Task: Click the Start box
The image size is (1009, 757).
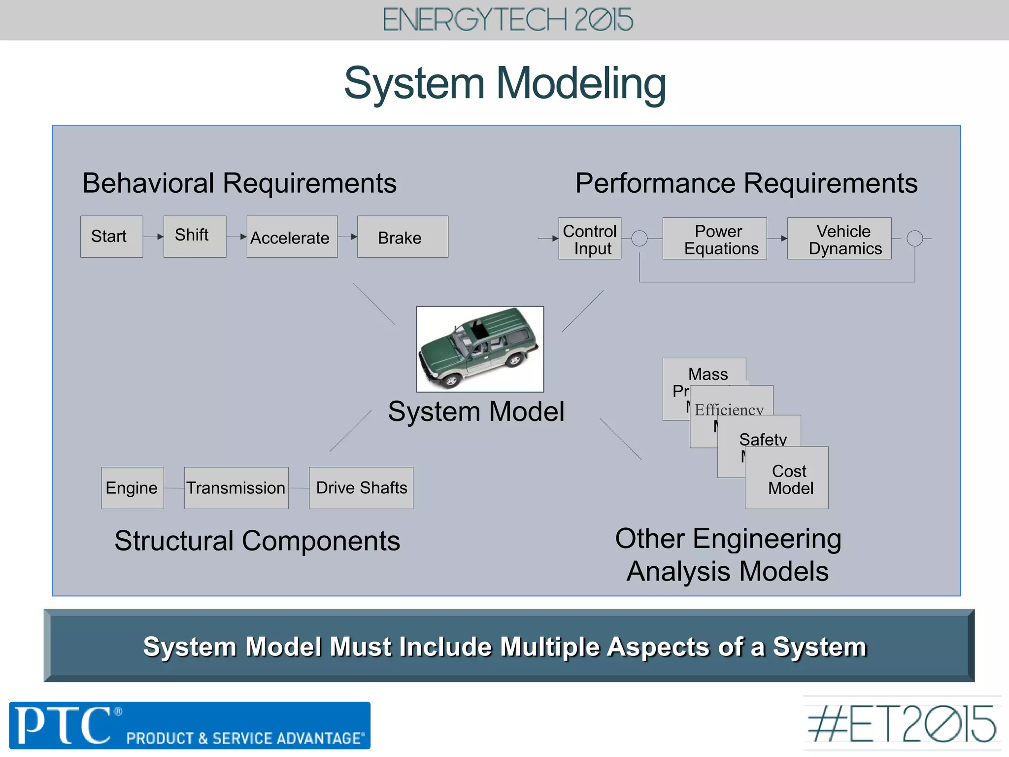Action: coord(111,237)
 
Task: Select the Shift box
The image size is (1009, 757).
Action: coord(195,236)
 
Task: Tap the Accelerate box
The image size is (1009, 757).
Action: coord(292,237)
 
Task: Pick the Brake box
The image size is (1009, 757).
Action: coord(402,237)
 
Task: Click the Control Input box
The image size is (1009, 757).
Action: coord(589,239)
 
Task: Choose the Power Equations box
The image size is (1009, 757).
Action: coord(714,239)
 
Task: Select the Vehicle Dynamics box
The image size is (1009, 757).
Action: coord(839,239)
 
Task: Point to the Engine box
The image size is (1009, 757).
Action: coord(132,488)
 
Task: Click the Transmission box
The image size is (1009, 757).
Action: coord(236,488)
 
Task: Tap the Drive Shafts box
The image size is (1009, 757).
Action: coord(361,488)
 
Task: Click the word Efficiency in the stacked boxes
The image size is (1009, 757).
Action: coord(729,410)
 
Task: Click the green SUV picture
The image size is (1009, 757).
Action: coord(480,349)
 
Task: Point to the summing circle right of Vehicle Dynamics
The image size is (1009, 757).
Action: coord(914,239)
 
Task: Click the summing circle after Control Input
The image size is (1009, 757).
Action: coord(639,239)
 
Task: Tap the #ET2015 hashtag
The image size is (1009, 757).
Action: coord(902,724)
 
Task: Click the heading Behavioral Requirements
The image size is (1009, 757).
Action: coord(239,183)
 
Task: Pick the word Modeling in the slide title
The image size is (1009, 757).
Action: coord(581,84)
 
